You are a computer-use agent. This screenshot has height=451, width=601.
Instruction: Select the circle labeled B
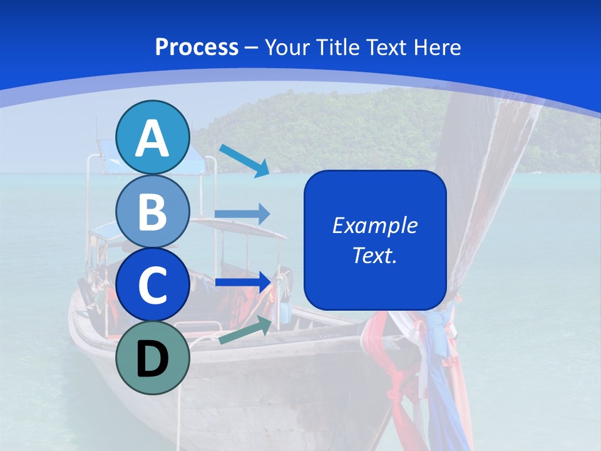(x=153, y=212)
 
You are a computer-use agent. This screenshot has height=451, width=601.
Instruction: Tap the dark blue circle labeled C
(x=153, y=285)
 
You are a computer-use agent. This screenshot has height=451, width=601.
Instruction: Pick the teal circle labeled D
(x=153, y=358)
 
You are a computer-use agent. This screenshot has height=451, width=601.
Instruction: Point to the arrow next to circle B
(x=242, y=214)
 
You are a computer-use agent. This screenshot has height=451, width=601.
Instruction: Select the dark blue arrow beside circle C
(x=242, y=282)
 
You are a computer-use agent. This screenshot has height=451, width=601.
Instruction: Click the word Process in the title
(x=197, y=48)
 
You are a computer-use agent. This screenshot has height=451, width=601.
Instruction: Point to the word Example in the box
(x=375, y=225)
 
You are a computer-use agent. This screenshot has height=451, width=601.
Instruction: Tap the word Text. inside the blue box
(x=375, y=255)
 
